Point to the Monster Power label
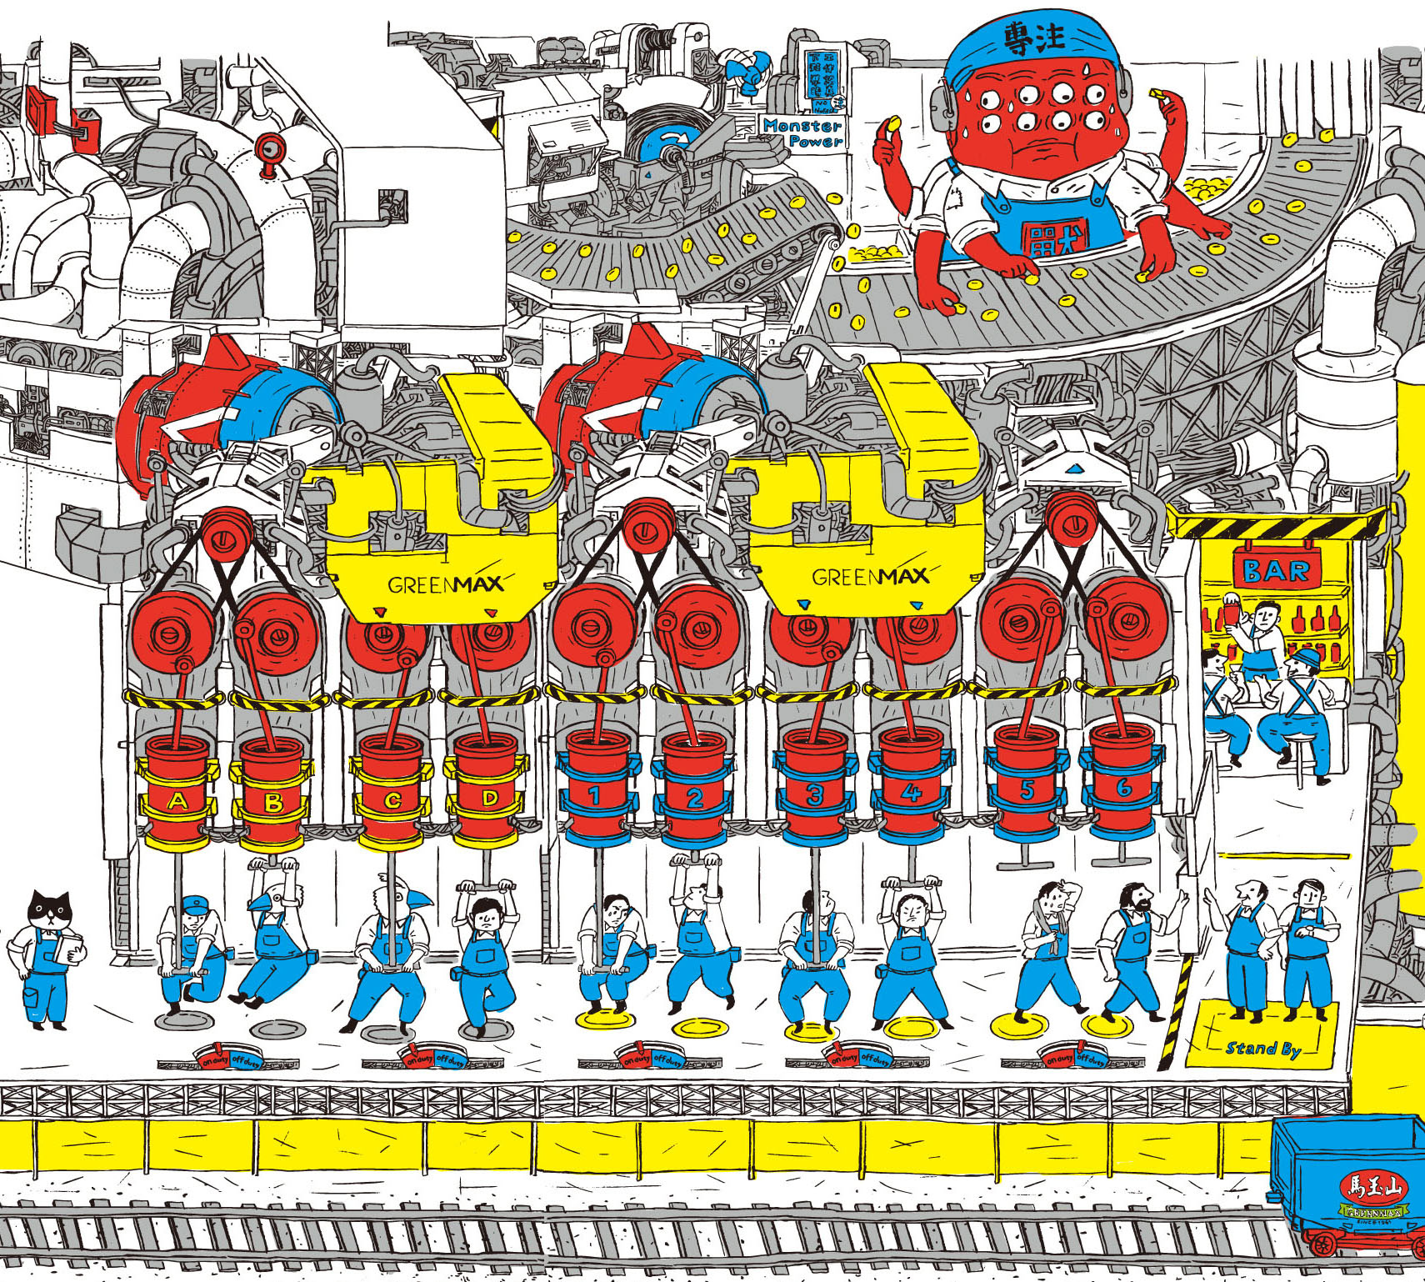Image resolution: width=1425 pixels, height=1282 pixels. pyautogui.click(x=802, y=133)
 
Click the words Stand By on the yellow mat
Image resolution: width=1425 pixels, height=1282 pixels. pyautogui.click(x=1262, y=1048)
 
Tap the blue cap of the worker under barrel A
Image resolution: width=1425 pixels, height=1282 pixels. pyautogui.click(x=193, y=904)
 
